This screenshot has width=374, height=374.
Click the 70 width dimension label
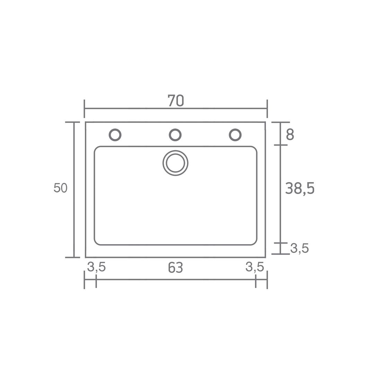click(x=176, y=101)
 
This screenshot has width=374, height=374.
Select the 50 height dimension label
click(x=61, y=188)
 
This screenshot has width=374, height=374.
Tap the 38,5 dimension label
click(x=300, y=188)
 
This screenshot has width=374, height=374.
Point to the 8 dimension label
click(x=290, y=134)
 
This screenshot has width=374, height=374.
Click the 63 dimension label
click(x=176, y=268)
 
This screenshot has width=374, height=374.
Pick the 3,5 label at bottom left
click(x=96, y=267)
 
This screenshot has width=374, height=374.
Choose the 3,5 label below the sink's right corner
click(x=255, y=267)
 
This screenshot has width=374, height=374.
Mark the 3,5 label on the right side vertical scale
click(x=300, y=248)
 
